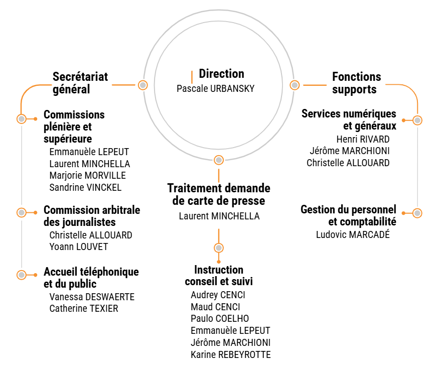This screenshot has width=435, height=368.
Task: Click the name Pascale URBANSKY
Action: [x=215, y=89]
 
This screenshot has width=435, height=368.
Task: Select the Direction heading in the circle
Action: [x=221, y=74]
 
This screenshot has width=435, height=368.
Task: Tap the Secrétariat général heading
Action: [x=80, y=83]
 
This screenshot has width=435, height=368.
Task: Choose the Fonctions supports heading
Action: [x=356, y=83]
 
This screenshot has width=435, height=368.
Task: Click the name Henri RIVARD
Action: [x=363, y=139]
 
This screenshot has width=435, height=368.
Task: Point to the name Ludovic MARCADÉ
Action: [x=353, y=234]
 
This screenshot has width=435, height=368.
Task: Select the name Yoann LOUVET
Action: [x=79, y=247]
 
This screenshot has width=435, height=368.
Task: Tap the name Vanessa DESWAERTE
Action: [x=92, y=297]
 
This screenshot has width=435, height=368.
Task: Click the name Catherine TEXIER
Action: [x=84, y=309]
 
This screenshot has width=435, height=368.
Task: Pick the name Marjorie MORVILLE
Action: [x=87, y=176]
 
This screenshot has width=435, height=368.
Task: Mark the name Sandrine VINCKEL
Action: [x=85, y=188]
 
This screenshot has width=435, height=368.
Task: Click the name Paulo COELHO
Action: [x=220, y=318]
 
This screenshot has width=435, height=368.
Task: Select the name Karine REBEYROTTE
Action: [x=231, y=355]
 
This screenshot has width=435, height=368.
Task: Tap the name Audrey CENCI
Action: [x=218, y=295]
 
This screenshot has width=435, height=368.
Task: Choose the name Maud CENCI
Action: [x=215, y=307]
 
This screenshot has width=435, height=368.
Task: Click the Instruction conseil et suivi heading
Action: [x=219, y=276]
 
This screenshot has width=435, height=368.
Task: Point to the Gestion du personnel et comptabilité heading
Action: [x=348, y=215]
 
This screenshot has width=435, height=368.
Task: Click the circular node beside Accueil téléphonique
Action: [x=22, y=275]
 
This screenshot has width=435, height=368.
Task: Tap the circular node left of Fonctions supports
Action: [x=295, y=85]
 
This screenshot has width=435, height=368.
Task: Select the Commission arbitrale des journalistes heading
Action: [x=92, y=215]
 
